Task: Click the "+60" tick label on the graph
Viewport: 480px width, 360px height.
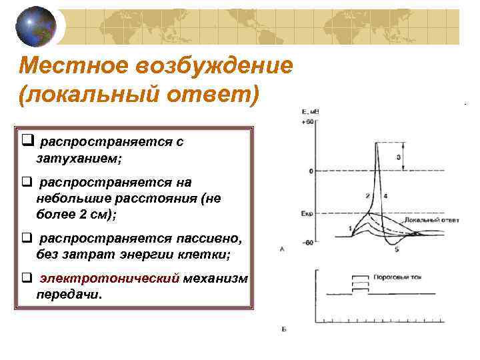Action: click(x=307, y=122)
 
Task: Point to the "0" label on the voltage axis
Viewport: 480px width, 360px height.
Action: click(x=310, y=171)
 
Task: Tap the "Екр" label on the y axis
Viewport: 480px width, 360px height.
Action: click(x=307, y=214)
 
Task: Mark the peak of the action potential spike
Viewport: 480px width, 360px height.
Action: click(x=378, y=143)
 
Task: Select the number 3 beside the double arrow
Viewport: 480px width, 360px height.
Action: click(x=398, y=157)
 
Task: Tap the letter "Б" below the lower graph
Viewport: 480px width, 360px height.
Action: click(x=283, y=329)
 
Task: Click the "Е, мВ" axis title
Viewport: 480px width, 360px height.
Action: click(x=310, y=112)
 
